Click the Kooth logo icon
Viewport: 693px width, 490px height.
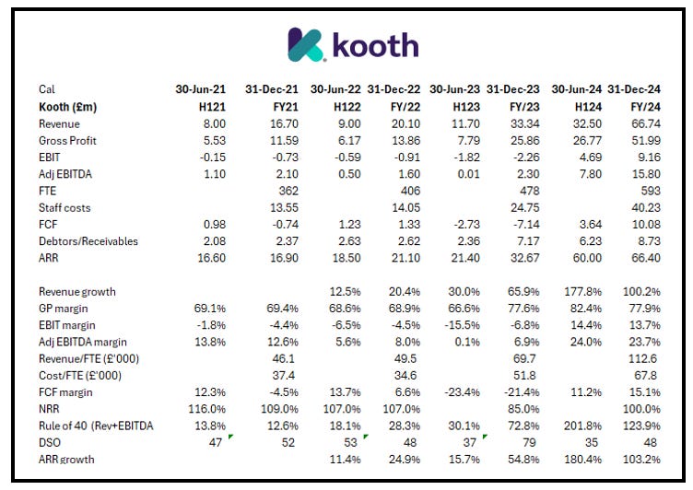point(305,43)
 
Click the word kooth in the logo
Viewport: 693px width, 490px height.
point(374,44)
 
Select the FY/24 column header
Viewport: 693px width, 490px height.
point(640,107)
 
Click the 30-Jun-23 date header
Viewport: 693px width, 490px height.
point(454,89)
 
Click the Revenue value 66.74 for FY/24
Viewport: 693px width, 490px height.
point(641,123)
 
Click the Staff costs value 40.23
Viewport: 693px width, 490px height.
point(641,207)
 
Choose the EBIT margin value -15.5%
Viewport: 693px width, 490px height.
point(458,324)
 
